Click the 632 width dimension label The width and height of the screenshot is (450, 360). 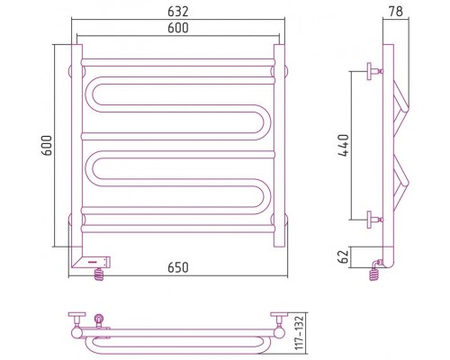point(178,12)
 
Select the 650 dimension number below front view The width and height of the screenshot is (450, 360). point(178,267)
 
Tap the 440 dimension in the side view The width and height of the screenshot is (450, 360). point(343,146)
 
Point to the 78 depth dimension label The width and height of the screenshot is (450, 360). point(396,12)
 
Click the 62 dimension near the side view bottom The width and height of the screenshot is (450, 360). point(343,256)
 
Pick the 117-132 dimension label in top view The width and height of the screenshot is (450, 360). point(300,332)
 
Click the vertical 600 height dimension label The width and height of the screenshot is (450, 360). point(47,146)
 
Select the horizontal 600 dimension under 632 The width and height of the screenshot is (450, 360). point(178,28)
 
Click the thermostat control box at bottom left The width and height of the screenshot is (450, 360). point(91,262)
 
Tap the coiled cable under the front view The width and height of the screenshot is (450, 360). point(99,274)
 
